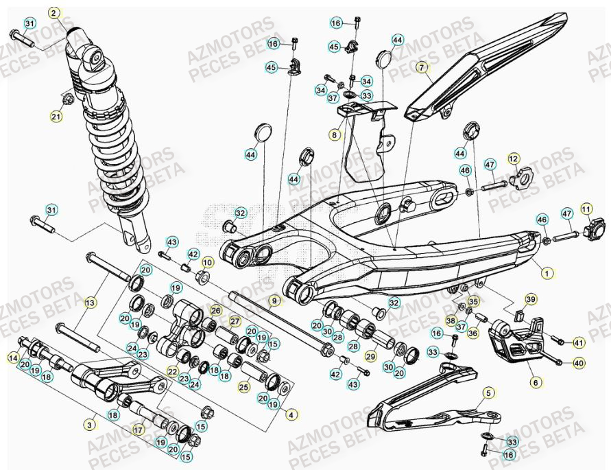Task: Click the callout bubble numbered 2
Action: pyautogui.click(x=54, y=12)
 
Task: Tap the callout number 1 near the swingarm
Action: pyautogui.click(x=547, y=272)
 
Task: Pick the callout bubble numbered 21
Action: pyautogui.click(x=56, y=117)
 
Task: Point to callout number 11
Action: pyautogui.click(x=586, y=207)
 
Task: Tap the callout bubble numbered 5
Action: pyautogui.click(x=488, y=392)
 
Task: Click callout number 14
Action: pyautogui.click(x=13, y=357)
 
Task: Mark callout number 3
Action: pyautogui.click(x=90, y=425)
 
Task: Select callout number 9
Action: pyautogui.click(x=274, y=301)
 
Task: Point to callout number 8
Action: pyautogui.click(x=335, y=135)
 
